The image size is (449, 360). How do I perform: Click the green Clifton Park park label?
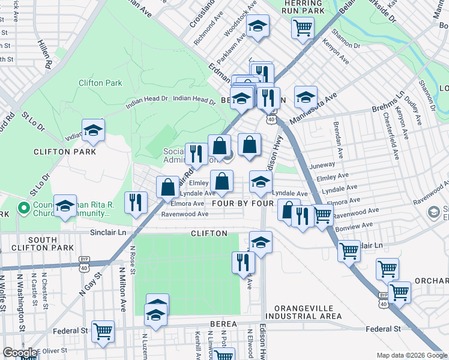pos(100,83)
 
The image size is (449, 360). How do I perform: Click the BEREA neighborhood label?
pos(223,324)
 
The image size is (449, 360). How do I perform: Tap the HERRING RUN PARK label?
pos(303,7)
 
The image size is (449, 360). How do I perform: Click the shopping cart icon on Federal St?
pos(103,330)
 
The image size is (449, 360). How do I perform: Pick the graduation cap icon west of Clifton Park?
pos(93,131)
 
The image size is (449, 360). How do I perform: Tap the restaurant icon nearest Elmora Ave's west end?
pos(136,202)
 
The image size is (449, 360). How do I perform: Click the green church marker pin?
pos(24,208)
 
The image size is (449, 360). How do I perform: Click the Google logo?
pos(20,353)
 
